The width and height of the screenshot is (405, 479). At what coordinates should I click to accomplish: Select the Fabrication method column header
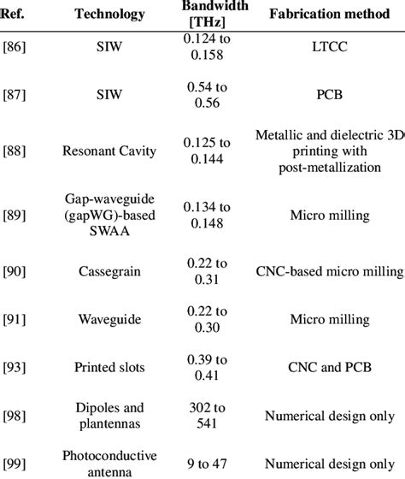[x=329, y=15]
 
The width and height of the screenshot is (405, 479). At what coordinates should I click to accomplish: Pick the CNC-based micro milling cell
[x=329, y=272]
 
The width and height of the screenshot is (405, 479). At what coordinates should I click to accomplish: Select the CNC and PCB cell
[x=329, y=368]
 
